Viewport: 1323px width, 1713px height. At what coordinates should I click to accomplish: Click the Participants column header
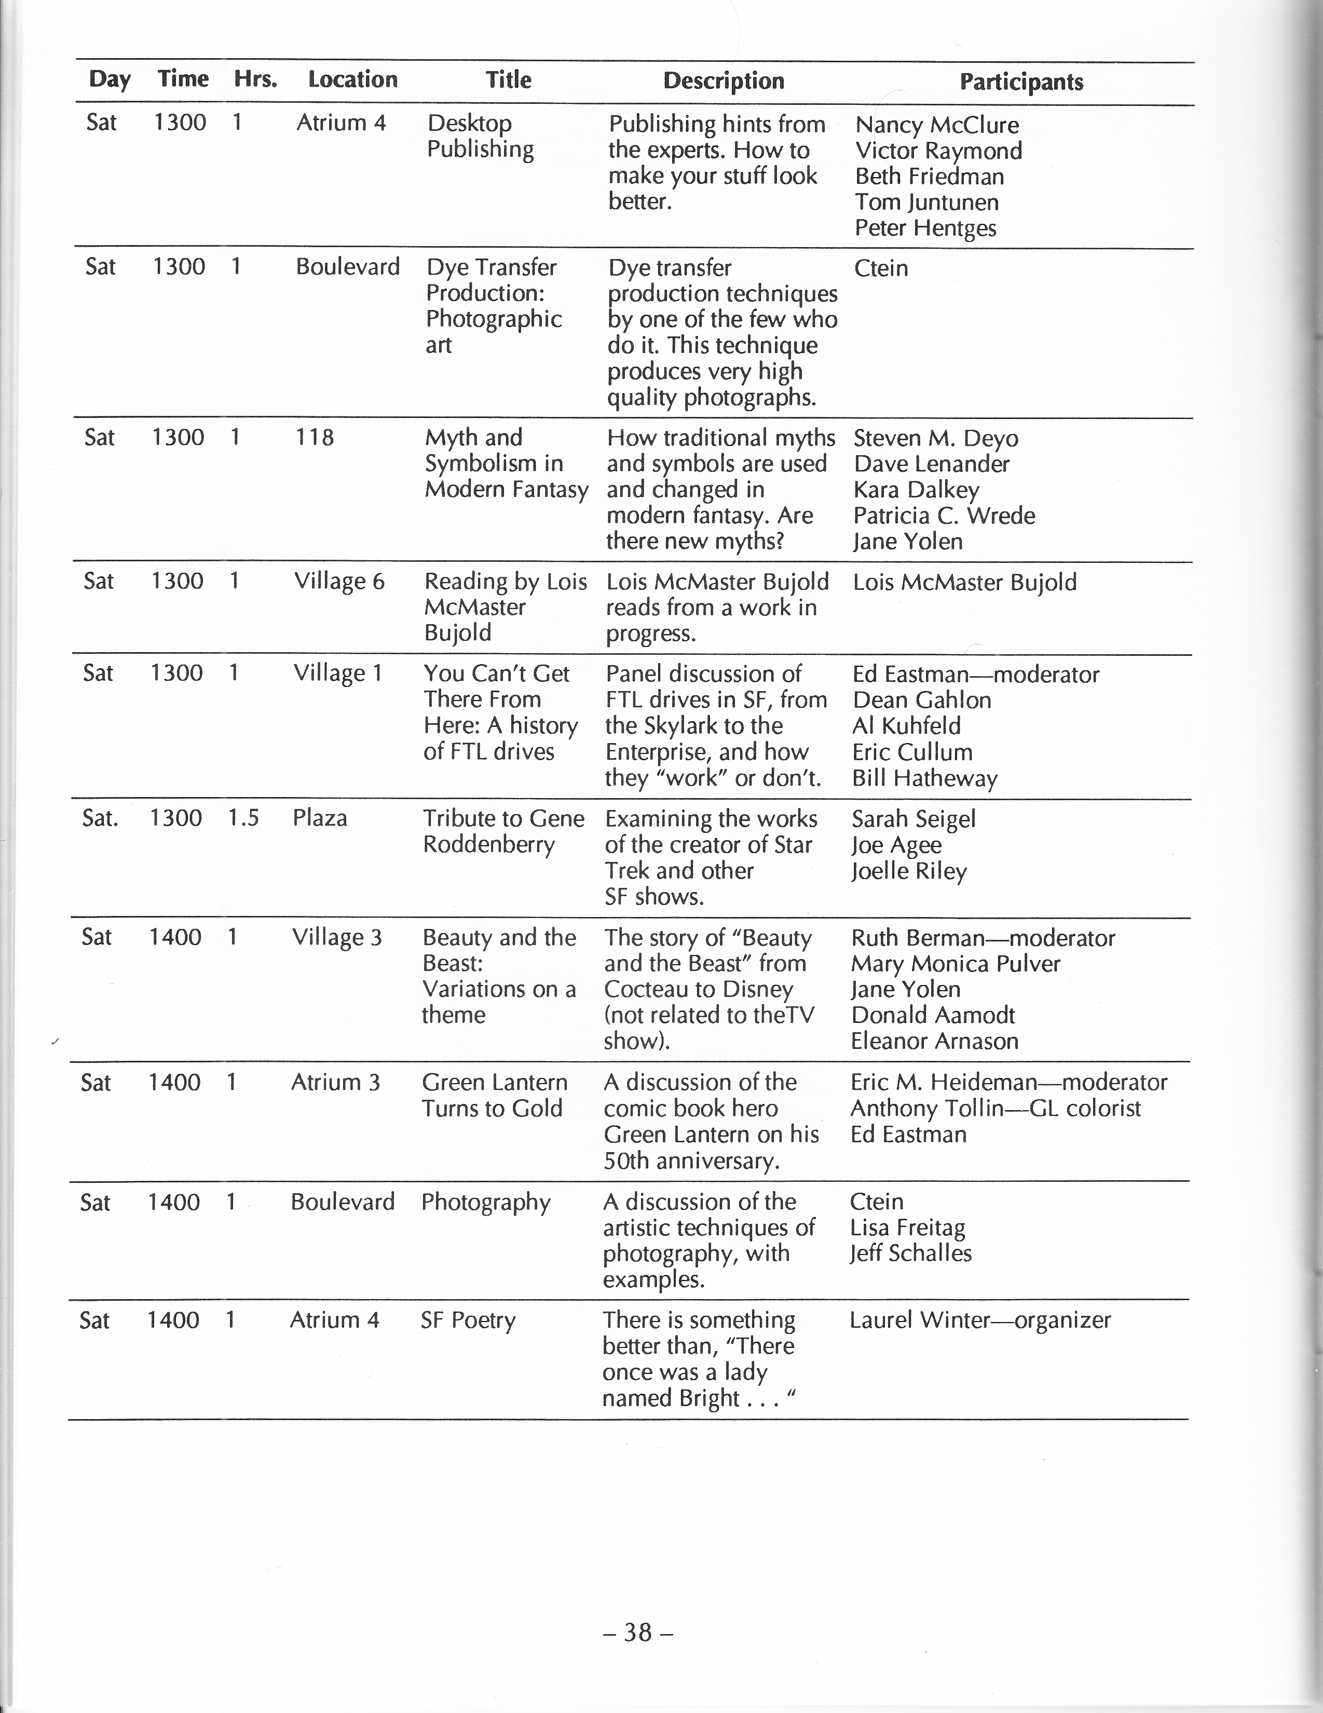pyautogui.click(x=1021, y=82)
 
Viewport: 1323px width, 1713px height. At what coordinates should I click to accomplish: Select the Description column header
pyautogui.click(x=723, y=81)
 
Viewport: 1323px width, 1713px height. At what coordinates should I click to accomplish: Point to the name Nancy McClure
pyautogui.click(x=936, y=125)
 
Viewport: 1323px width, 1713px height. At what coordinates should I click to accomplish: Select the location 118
pyautogui.click(x=315, y=437)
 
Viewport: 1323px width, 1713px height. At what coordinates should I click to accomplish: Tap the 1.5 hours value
pyautogui.click(x=243, y=818)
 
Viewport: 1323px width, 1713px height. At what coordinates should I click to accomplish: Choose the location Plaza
pyautogui.click(x=320, y=818)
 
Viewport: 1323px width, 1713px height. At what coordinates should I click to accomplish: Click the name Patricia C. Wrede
pyautogui.click(x=944, y=515)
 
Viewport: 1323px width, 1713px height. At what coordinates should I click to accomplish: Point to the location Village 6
pyautogui.click(x=339, y=581)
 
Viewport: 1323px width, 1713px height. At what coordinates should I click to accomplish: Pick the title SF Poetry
pyautogui.click(x=468, y=1320)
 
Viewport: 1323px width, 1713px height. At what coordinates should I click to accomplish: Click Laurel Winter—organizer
pyautogui.click(x=979, y=1320)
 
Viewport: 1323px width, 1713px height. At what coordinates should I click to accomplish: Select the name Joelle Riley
pyautogui.click(x=909, y=871)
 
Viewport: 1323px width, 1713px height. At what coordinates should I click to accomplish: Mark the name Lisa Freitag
pyautogui.click(x=907, y=1228)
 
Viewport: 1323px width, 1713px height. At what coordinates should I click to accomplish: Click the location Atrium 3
pyautogui.click(x=335, y=1083)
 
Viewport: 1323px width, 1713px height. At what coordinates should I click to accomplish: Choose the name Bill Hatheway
pyautogui.click(x=924, y=778)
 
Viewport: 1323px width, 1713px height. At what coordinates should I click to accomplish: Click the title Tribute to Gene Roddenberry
pyautogui.click(x=503, y=831)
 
